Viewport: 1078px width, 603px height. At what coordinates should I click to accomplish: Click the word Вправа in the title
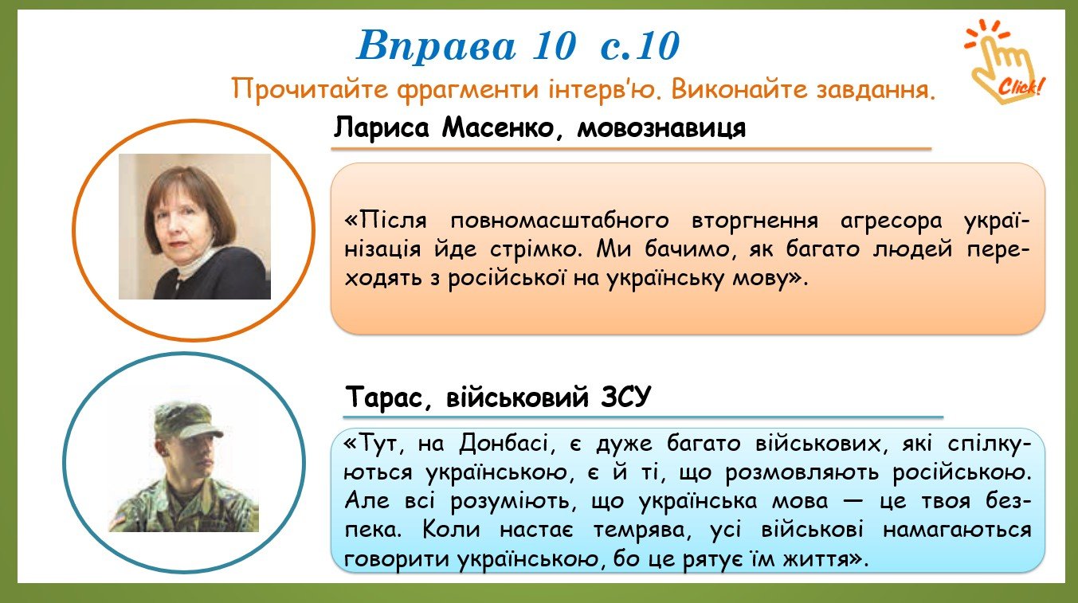(436, 46)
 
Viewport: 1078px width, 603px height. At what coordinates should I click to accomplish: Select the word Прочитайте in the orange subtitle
(310, 89)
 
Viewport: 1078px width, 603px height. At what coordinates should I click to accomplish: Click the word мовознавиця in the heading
(661, 128)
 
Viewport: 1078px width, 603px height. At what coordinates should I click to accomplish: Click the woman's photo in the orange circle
(194, 226)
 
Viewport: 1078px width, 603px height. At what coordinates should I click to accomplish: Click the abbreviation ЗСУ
(625, 397)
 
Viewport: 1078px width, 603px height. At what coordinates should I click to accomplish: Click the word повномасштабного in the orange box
(559, 221)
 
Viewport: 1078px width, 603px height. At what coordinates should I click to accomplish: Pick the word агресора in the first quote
(892, 221)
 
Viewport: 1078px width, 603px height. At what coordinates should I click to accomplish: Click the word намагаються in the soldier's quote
(957, 530)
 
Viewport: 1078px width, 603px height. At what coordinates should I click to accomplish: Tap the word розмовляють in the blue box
(802, 472)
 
